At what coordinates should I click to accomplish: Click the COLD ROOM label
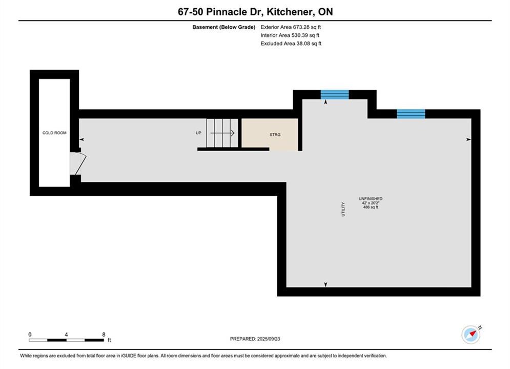54,133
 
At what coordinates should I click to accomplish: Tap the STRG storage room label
275,135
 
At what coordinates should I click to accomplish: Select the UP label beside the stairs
198,133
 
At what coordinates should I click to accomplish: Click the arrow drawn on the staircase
222,133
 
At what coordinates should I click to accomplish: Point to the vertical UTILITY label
343,209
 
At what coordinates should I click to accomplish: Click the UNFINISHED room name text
371,199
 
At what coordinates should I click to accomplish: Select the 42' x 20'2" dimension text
371,203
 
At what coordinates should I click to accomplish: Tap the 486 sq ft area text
371,207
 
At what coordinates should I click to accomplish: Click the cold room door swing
78,163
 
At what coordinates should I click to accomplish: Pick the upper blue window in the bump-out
335,95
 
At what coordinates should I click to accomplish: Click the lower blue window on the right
411,114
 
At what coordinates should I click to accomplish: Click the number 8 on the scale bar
104,335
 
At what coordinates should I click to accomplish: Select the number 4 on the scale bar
66,335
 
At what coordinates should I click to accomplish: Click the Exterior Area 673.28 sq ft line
291,27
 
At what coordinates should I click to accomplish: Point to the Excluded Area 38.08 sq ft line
291,44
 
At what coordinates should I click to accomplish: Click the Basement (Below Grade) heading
224,27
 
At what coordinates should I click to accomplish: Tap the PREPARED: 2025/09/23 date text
255,339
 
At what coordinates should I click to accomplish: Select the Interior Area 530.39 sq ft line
290,35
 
